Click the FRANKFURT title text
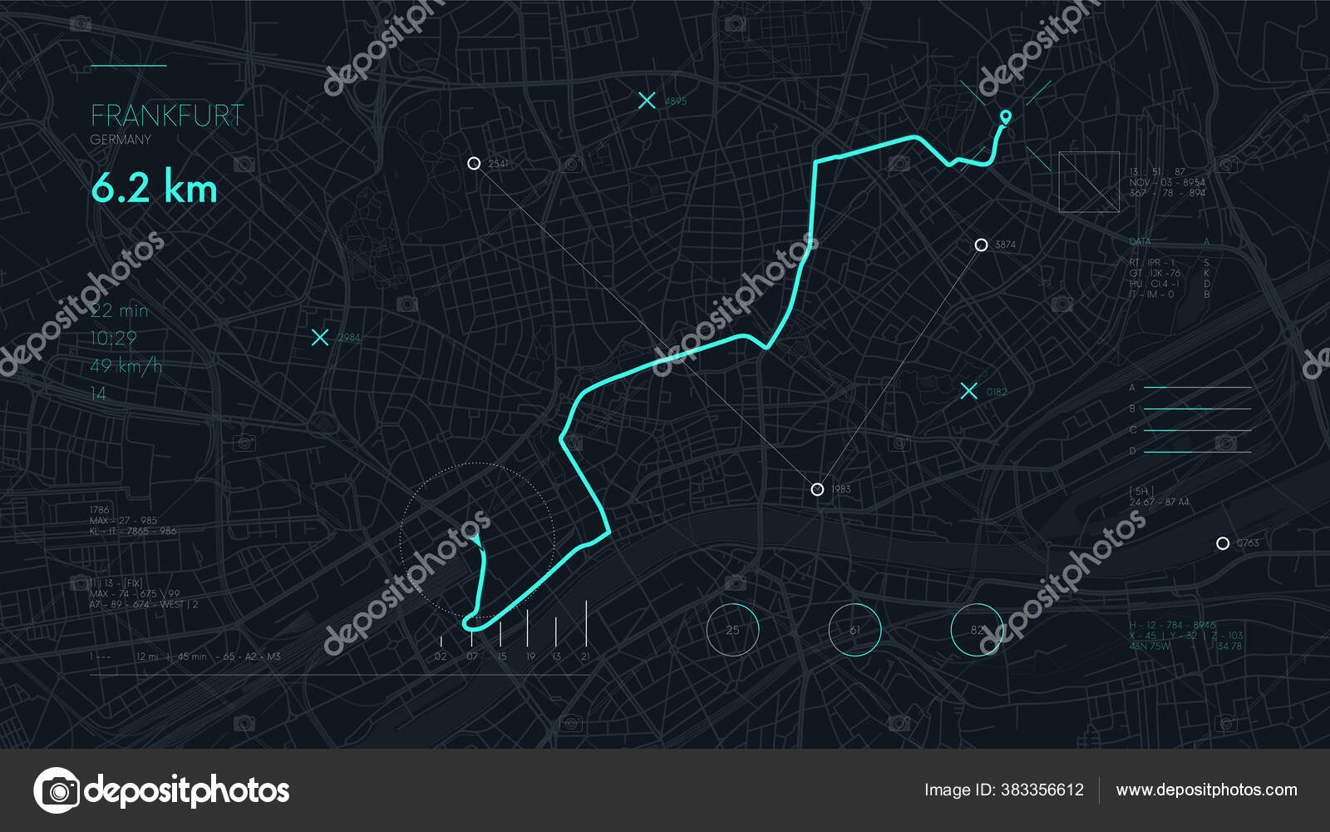[167, 116]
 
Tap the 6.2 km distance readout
[154, 188]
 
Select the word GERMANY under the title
[121, 140]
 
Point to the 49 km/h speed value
[126, 365]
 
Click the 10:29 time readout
[113, 338]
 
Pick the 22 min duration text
[119, 310]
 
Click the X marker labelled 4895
[647, 101]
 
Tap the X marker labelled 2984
[320, 337]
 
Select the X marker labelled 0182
[968, 391]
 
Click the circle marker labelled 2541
[474, 163]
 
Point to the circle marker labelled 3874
[981, 245]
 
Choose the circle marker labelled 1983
[817, 489]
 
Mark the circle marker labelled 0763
[1222, 543]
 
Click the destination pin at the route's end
[1006, 116]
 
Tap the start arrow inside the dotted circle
[476, 542]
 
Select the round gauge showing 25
[732, 630]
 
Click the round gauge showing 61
[855, 630]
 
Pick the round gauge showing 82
[977, 630]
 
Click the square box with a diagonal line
[1089, 181]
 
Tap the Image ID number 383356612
[1042, 790]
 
